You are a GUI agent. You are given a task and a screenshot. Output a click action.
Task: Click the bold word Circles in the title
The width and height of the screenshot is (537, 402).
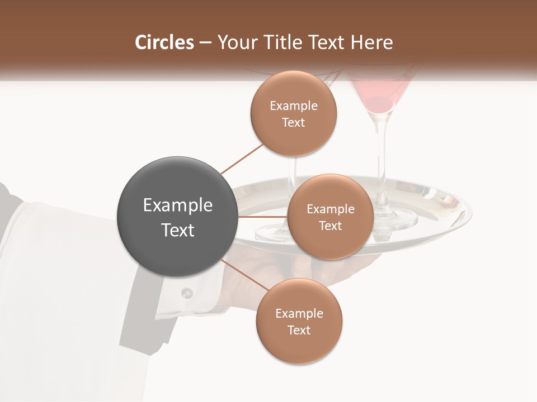pos(164,42)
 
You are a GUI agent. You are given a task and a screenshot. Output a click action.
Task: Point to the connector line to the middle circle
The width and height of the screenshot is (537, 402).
pos(263,217)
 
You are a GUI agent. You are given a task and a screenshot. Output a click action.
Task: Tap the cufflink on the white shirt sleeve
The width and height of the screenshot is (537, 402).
pos(187,293)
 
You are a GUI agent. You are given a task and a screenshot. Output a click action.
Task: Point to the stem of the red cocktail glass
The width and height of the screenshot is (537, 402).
pos(381,156)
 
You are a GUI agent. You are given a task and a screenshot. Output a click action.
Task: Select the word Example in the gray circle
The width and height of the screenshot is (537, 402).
pos(178,205)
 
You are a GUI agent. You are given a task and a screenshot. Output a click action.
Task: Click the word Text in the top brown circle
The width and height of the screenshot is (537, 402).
pos(293,123)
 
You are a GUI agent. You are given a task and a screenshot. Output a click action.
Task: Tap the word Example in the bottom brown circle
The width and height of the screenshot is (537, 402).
pos(299,314)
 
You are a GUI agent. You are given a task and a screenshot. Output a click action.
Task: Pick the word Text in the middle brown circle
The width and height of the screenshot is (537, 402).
pos(330,226)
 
